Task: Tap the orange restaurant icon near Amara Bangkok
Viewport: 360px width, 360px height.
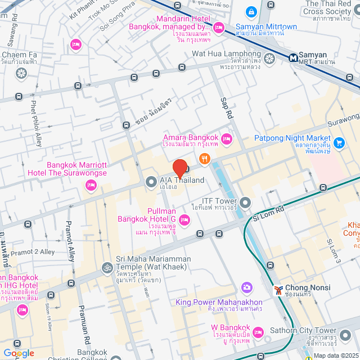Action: [x=204, y=159]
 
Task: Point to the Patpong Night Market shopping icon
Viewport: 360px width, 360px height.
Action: [x=339, y=143]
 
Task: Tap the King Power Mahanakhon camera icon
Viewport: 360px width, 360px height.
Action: [x=246, y=288]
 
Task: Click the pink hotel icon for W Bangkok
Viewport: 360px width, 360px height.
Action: [x=258, y=332]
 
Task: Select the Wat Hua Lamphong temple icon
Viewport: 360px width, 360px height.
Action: [x=269, y=58]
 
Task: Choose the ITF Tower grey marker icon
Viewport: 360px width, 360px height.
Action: [x=245, y=202]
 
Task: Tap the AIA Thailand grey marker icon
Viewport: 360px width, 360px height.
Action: [x=151, y=182]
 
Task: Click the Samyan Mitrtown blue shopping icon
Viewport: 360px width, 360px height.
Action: [x=251, y=11]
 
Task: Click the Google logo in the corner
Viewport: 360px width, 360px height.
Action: [x=19, y=353]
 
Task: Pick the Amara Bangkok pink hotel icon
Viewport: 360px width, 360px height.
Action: [x=227, y=138]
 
